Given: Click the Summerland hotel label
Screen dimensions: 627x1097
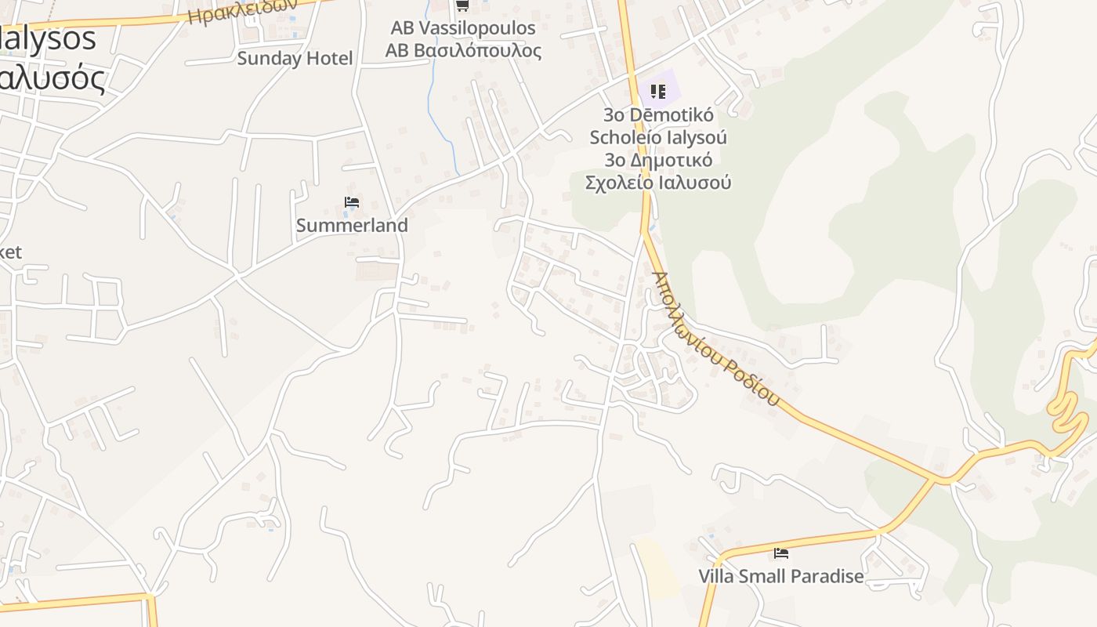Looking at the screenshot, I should (352, 226).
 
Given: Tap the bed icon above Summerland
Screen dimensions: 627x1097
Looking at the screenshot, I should (352, 203).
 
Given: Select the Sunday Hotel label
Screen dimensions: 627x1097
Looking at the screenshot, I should (295, 58).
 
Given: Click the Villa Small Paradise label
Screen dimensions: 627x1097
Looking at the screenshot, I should (780, 576).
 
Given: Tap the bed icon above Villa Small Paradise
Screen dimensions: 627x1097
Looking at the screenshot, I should (780, 553).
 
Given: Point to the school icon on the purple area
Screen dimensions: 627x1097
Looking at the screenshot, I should (657, 92).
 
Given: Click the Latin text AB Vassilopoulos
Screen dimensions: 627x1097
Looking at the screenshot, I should (463, 28).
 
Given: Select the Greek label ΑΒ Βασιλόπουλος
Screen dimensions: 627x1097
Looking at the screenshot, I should (463, 51).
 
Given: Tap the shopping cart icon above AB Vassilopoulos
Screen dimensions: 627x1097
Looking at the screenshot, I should (462, 6).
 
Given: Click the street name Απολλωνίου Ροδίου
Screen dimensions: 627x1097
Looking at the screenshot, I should (715, 339).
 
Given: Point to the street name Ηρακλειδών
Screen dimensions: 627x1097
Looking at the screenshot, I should (243, 11).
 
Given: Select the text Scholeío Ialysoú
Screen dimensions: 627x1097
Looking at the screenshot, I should (658, 137).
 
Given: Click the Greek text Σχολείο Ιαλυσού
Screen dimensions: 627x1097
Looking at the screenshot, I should (658, 183).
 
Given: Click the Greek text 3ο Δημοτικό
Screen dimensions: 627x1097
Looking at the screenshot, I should (658, 160).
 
